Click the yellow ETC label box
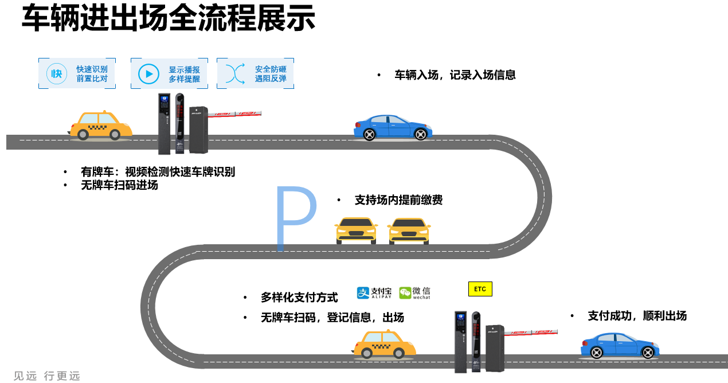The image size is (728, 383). [x=480, y=289]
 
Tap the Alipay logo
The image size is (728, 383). [x=374, y=293]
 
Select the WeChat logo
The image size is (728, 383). [x=414, y=293]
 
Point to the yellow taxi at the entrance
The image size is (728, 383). [x=101, y=126]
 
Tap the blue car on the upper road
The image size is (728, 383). [x=393, y=127]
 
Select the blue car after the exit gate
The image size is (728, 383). [x=619, y=345]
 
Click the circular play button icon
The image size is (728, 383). [x=149, y=73]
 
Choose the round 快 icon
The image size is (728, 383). [x=57, y=73]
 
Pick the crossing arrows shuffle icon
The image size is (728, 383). [x=235, y=73]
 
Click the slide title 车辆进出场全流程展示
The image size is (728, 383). [x=169, y=18]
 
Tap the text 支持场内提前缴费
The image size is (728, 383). [x=398, y=200]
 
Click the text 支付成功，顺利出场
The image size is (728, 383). [x=637, y=316]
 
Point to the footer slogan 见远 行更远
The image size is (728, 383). [x=47, y=376]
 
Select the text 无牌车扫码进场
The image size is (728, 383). [x=119, y=185]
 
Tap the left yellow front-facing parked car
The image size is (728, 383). [x=356, y=230]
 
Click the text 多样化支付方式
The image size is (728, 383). [x=299, y=298]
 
